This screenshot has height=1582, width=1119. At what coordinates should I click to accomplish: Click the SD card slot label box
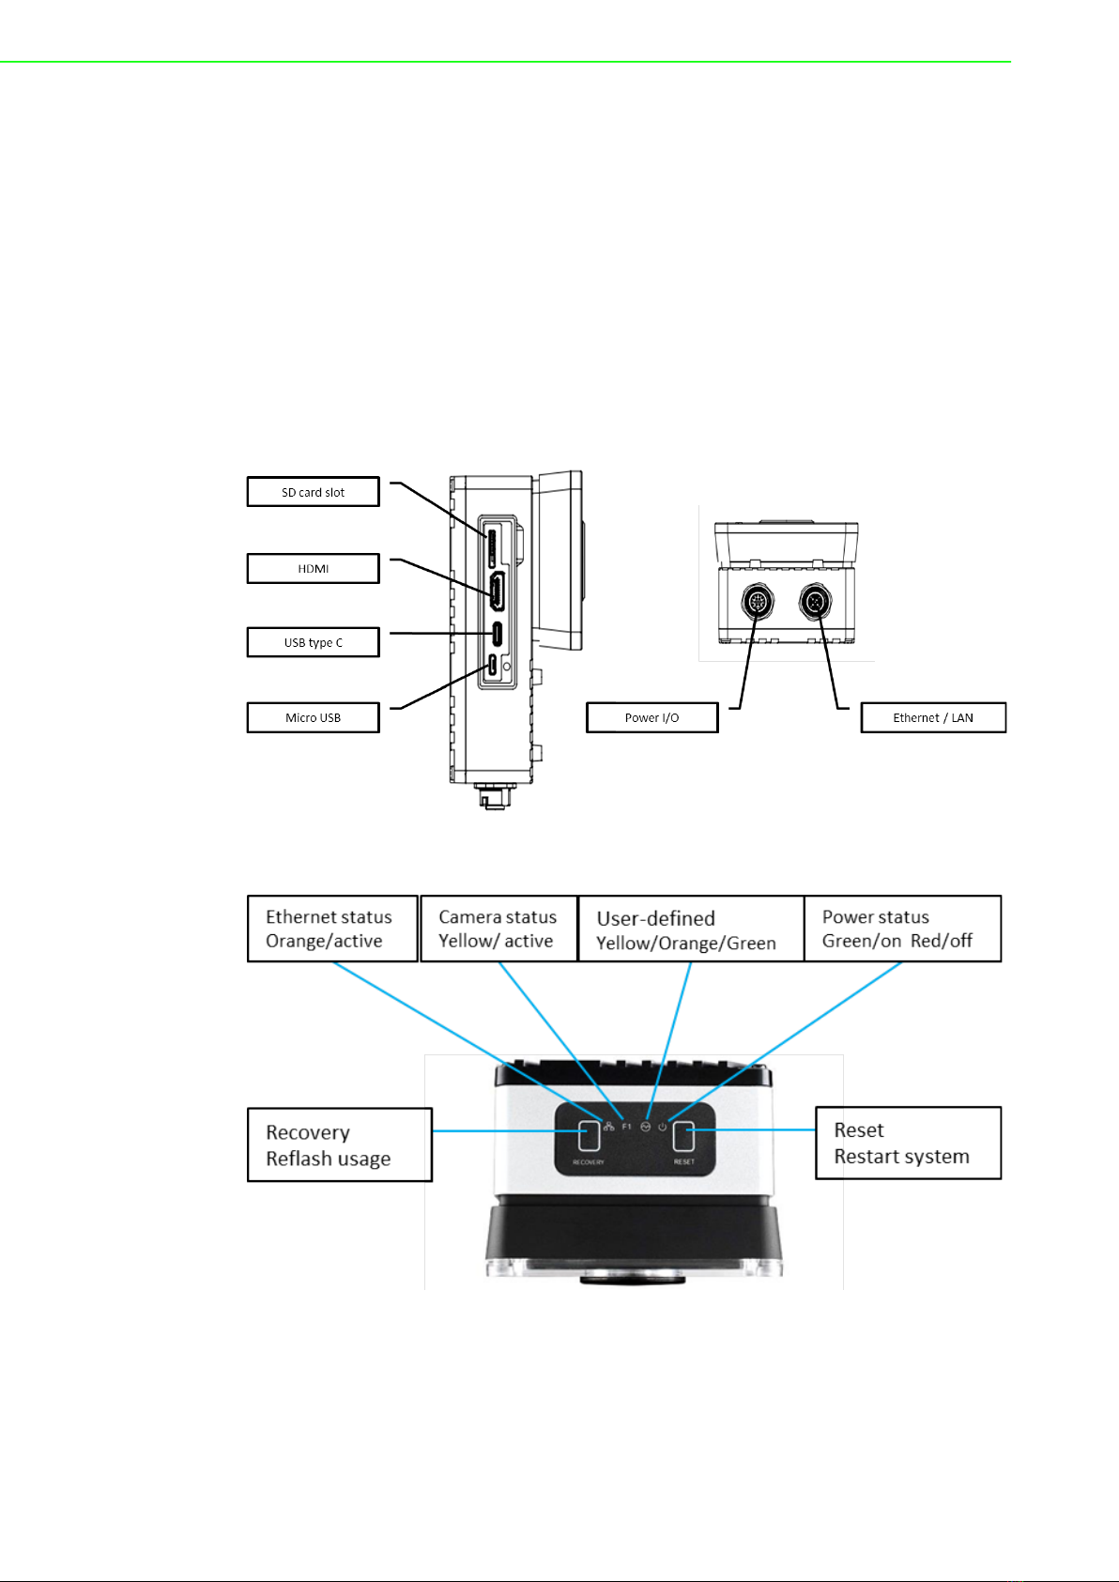point(313,492)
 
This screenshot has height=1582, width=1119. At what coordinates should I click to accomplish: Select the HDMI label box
point(313,569)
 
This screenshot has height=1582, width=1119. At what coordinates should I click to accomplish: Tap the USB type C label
point(313,642)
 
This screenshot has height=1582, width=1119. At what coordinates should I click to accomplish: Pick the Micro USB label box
point(313,717)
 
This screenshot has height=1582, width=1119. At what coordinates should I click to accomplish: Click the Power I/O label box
point(651,717)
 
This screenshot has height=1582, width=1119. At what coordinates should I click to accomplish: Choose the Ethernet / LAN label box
point(932,717)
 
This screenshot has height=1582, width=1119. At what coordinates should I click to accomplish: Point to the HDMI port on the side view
point(497,591)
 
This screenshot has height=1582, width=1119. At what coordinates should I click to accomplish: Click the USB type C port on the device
point(497,634)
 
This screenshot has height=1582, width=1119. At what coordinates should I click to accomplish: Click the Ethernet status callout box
point(332,929)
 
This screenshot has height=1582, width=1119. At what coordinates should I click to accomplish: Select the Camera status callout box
point(498,929)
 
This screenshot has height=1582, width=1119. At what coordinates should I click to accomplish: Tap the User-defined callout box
point(691,929)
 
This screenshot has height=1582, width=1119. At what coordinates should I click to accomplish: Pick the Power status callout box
point(902,929)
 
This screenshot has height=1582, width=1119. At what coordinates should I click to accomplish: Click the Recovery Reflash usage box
point(340,1144)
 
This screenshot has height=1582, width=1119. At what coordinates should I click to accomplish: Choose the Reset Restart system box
point(908,1143)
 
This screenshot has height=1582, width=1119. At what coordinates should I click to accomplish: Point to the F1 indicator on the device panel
point(626,1127)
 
